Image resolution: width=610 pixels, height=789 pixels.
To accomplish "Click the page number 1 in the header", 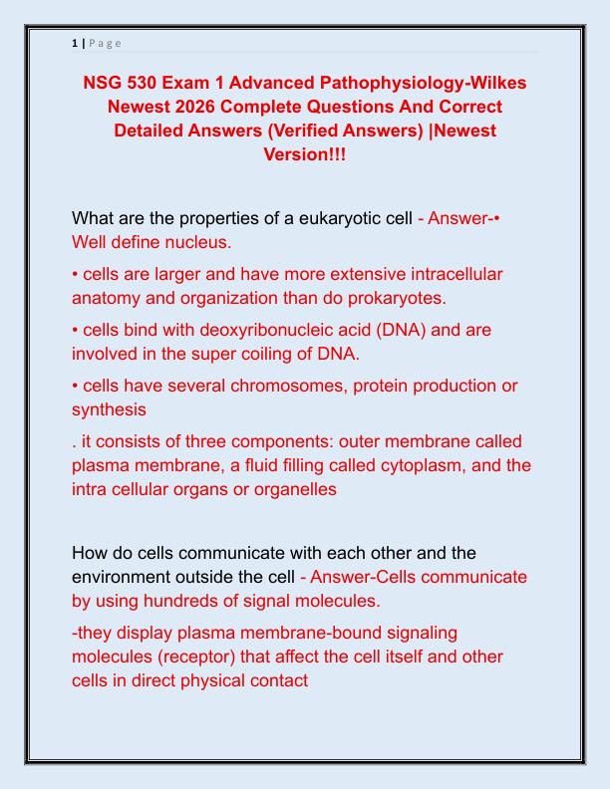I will [75, 43].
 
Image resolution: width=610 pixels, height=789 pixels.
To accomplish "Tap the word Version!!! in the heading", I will [305, 154].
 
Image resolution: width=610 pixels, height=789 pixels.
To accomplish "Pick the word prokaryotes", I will [385, 297].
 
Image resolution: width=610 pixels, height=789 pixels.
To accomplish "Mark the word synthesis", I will [109, 408].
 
